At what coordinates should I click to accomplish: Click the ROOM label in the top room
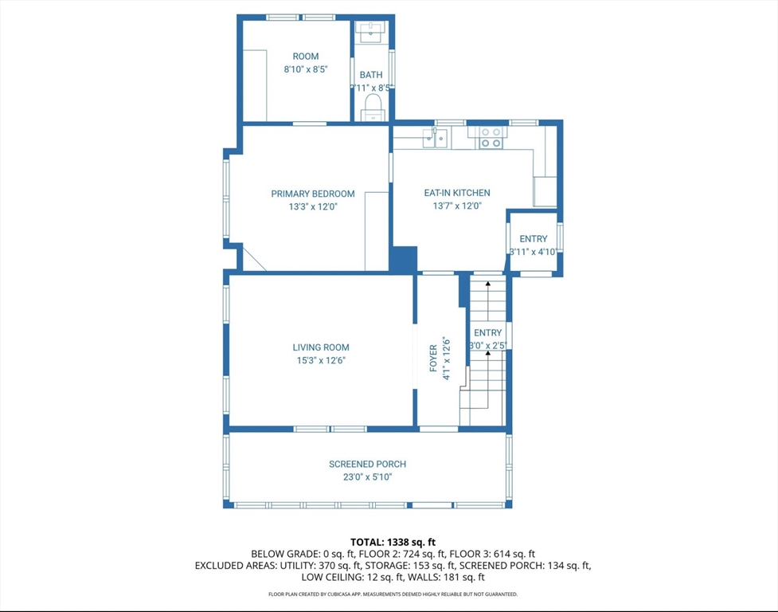click(306, 57)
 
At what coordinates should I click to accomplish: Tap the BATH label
click(370, 75)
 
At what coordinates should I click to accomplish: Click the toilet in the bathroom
click(372, 105)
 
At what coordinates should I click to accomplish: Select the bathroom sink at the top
click(371, 32)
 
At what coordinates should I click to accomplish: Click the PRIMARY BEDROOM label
click(313, 194)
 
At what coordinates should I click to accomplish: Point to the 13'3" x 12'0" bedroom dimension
click(313, 206)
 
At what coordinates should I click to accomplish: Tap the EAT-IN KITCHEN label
click(456, 193)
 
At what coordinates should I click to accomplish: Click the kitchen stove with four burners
click(491, 138)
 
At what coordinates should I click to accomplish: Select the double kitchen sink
click(435, 139)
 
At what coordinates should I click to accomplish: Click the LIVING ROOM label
click(321, 347)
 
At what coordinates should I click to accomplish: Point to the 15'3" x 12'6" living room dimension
click(321, 360)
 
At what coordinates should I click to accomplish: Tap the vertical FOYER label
click(433, 359)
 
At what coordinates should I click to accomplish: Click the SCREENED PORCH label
click(367, 465)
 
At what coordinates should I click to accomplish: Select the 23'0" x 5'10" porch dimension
click(367, 477)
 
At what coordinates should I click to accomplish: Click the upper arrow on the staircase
click(488, 284)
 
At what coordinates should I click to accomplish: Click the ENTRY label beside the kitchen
click(534, 239)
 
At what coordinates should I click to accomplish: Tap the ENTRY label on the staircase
click(488, 333)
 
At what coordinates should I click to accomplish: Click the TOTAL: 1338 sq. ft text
click(393, 542)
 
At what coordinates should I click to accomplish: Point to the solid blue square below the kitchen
click(404, 259)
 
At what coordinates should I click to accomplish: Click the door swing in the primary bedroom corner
click(253, 259)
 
